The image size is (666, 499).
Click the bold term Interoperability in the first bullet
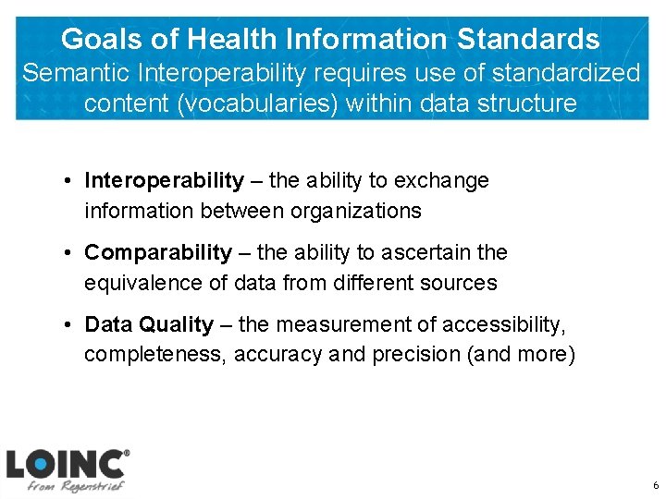(x=164, y=180)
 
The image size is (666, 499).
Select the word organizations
(x=356, y=211)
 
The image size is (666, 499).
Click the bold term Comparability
(x=158, y=252)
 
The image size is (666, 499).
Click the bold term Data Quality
(x=148, y=324)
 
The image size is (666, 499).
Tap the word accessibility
(x=503, y=324)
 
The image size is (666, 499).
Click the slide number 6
(x=655, y=485)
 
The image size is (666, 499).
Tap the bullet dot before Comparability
(x=69, y=253)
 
